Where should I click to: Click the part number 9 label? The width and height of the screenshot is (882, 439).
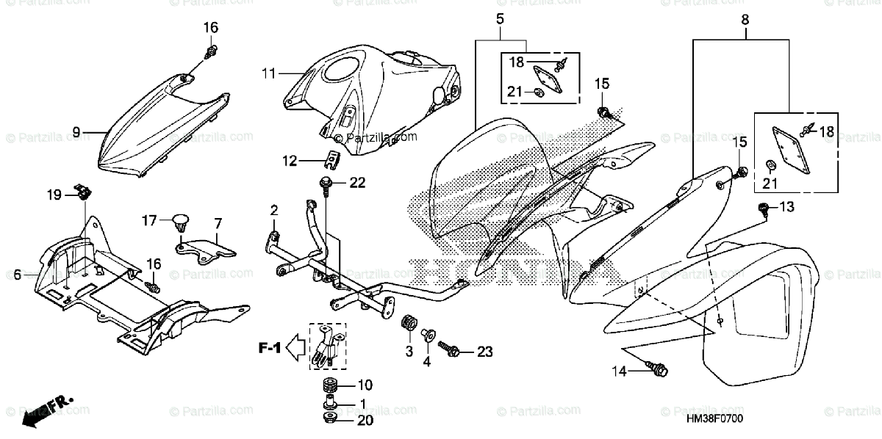75,132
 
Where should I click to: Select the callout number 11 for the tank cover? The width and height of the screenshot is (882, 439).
268,73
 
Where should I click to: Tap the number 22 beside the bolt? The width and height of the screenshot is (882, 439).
357,182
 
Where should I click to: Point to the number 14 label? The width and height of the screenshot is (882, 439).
620,371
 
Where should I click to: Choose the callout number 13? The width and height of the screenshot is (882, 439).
786,208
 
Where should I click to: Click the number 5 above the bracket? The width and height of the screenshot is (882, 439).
500,17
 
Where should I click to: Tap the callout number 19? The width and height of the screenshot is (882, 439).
55,195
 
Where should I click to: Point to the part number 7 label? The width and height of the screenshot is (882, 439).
218,222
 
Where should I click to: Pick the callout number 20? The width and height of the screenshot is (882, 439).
365,421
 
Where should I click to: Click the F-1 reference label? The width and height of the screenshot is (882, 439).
270,346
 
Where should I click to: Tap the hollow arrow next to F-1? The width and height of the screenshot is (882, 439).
296,346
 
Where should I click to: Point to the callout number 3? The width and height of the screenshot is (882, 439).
409,351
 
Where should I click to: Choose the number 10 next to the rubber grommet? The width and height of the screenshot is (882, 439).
365,385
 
